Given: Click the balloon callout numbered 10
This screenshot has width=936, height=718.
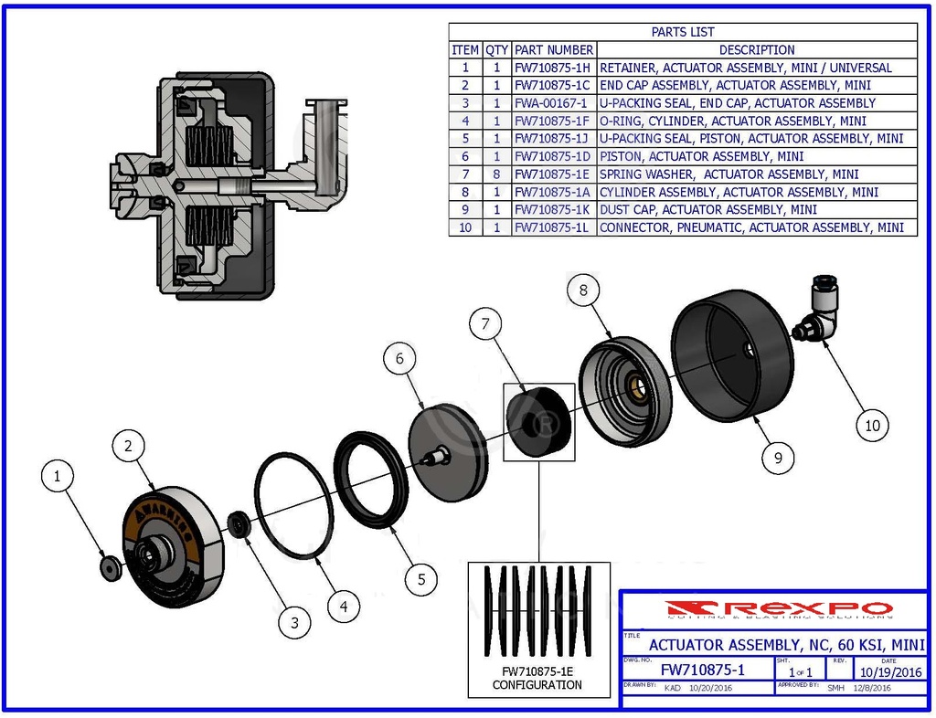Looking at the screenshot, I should coord(872,424).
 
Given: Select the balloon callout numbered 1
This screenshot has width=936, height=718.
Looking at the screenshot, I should coord(58,476).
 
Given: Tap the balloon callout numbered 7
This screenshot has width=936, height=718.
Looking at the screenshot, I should coord(486,322).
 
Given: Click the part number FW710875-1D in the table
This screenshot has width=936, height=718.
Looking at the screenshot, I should coord(553,156).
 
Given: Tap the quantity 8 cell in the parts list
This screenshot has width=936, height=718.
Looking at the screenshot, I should coord(496,174).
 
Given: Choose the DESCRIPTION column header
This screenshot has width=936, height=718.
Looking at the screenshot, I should coord(756,50).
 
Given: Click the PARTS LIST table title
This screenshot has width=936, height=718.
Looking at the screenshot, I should coord(682,32).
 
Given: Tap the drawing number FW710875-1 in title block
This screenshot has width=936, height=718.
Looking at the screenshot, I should coord(702,670).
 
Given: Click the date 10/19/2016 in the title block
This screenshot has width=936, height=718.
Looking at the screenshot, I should coord(889,672).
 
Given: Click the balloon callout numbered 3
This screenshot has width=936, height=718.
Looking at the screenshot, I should coord(294,623).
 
